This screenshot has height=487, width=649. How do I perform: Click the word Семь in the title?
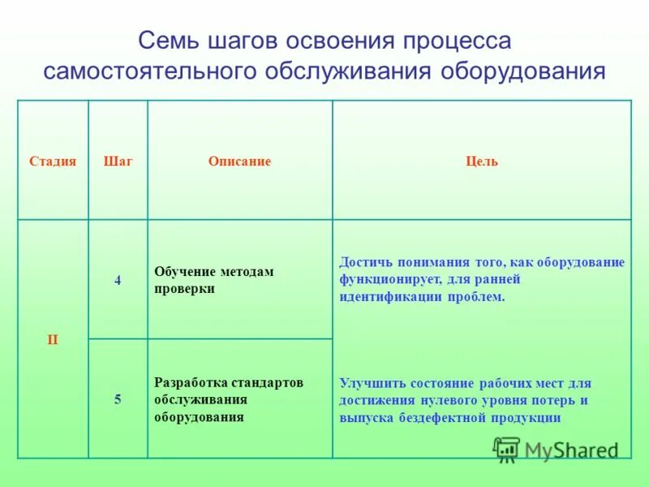[163, 41]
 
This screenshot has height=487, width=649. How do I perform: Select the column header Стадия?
[53, 162]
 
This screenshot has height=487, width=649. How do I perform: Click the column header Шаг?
[118, 162]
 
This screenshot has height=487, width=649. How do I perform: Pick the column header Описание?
[239, 162]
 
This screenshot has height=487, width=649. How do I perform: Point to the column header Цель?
[482, 162]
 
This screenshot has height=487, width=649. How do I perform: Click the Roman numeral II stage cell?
[53, 339]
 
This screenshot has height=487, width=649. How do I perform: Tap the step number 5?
[118, 399]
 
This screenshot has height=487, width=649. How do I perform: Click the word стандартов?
[266, 382]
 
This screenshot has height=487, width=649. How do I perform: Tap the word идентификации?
[390, 297]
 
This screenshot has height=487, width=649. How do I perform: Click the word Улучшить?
[369, 382]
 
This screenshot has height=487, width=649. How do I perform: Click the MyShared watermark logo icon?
[507, 449]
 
